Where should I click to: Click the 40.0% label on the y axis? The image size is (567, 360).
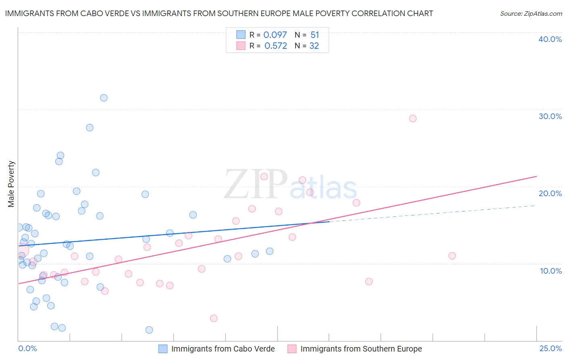coord(550,39)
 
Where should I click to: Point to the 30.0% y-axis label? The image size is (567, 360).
coord(550,116)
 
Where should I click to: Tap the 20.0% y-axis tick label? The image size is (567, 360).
coord(550,193)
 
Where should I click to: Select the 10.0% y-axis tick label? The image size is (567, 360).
coord(551,271)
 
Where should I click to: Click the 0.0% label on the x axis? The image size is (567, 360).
coord(27,348)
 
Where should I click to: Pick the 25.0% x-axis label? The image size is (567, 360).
coord(550,348)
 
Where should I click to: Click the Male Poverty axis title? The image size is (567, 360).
coord(11,184)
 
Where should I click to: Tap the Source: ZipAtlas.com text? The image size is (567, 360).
coord(531,14)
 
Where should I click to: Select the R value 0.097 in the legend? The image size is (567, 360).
coord(275,35)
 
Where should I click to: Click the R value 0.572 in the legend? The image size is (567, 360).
coord(275,46)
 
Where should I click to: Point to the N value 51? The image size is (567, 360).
coord(315,35)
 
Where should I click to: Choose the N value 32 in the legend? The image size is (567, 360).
coord(314,46)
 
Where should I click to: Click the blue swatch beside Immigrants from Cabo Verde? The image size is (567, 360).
coord(163,349)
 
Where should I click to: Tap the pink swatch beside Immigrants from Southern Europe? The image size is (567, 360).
coord(292,349)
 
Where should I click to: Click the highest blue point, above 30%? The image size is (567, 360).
coord(104,98)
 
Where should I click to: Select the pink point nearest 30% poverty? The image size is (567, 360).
coord(413,119)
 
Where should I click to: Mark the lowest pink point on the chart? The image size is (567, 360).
coord(214,318)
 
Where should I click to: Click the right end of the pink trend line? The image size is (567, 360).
coord(536,176)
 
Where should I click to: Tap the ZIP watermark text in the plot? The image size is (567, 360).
coord(255,184)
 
